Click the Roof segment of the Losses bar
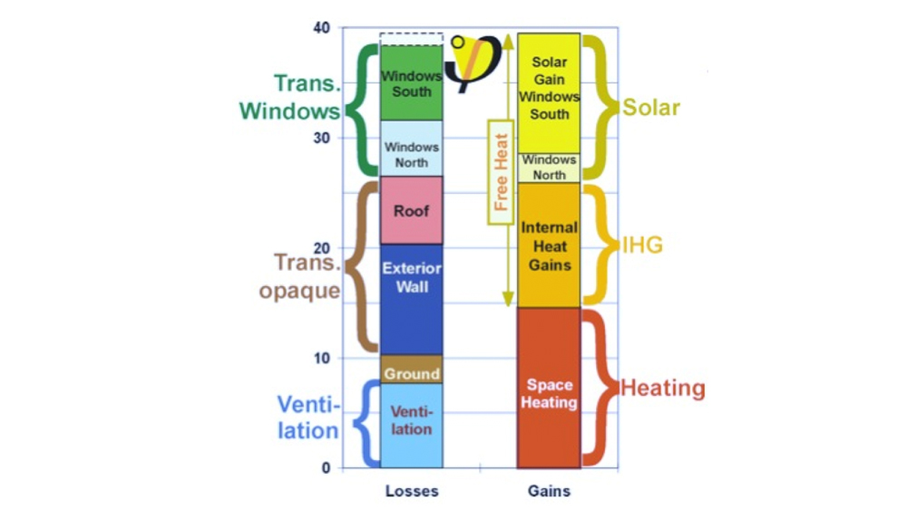(412, 210)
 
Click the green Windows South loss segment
(412, 83)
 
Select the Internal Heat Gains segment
(549, 245)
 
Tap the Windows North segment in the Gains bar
(549, 168)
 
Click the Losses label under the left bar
(412, 491)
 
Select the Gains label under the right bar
(549, 491)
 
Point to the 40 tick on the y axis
(322, 28)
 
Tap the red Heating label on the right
(662, 389)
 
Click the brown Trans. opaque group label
(307, 276)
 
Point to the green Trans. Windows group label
(290, 97)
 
